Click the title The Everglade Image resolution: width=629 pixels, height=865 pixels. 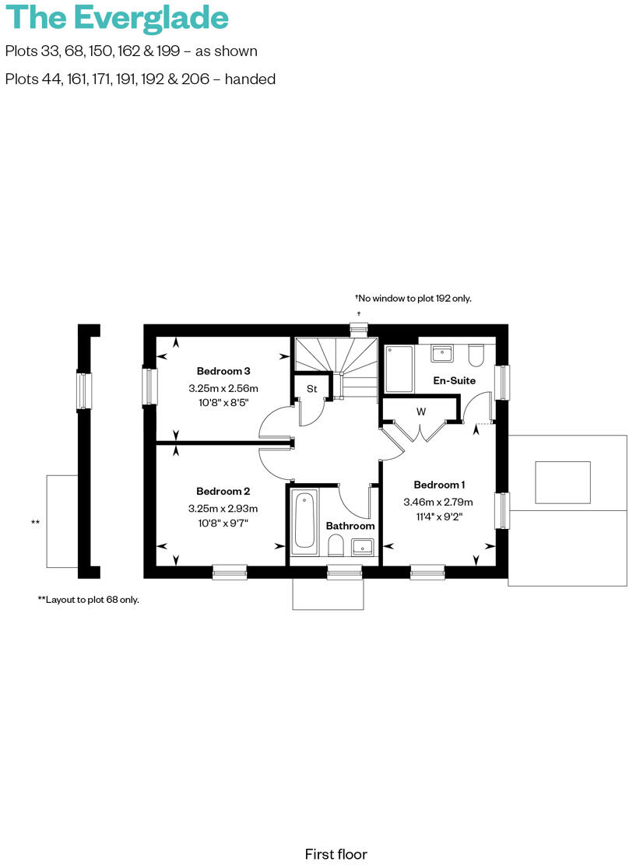pos(117,17)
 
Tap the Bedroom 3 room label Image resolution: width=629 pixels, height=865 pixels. pos(223,371)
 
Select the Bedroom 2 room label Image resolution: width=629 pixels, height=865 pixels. pos(223,492)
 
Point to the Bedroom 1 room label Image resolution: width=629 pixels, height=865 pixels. pos(441,484)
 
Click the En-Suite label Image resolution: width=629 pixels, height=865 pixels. pos(454,381)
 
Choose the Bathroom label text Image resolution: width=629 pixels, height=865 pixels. pos(350,526)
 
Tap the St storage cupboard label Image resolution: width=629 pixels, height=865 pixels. pos(311,388)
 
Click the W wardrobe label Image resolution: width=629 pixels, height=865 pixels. pos(420,411)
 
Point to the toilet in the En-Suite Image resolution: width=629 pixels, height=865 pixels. pos(476,355)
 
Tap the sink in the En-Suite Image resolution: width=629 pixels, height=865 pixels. pos(443,352)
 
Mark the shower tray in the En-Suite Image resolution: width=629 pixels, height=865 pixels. pos(399,369)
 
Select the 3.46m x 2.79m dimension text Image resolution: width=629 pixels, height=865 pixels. pos(438,503)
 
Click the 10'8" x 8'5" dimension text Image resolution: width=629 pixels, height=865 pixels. pos(223,402)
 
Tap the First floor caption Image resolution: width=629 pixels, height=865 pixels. pos(336,854)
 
